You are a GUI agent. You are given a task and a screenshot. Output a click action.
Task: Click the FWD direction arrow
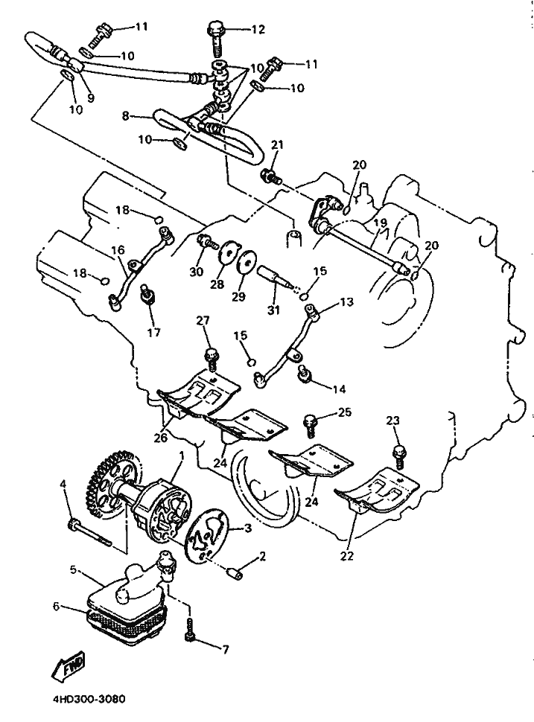point(69,667)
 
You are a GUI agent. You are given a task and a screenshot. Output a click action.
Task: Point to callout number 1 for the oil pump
point(182,456)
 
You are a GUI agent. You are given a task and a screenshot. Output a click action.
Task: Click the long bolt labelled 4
point(89,534)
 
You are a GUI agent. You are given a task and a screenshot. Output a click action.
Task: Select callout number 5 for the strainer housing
point(73,570)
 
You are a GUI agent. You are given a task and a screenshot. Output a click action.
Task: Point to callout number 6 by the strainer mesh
point(56,607)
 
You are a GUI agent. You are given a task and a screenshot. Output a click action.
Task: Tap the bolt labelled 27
point(211,359)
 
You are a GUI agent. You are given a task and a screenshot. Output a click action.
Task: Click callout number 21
point(277,145)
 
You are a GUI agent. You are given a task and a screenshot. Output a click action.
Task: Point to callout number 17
point(154,331)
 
